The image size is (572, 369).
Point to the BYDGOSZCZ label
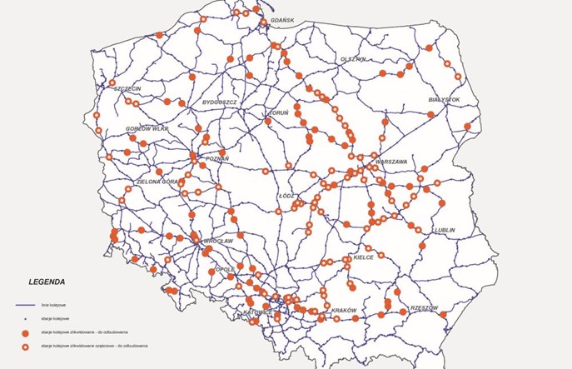pyautogui.click(x=220, y=102)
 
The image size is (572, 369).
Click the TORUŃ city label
pyautogui.click(x=277, y=112)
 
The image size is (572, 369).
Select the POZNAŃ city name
pyautogui.click(x=216, y=157)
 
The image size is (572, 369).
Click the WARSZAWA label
pyautogui.click(x=390, y=161)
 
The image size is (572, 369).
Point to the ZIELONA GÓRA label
pyautogui.click(x=157, y=181)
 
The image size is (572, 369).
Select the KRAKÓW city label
pyautogui.click(x=344, y=311)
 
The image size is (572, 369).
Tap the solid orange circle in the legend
pyautogui.click(x=25, y=332)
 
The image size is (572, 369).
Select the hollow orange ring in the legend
pyautogui.click(x=25, y=346)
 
